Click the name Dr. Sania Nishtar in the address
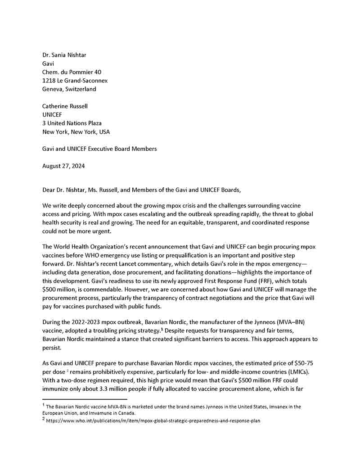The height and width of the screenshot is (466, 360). tap(64, 55)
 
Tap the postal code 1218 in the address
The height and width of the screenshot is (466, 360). tap(49, 81)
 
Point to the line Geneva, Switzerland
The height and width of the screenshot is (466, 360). tap(69, 89)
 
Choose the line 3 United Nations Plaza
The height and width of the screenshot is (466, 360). tap(72, 123)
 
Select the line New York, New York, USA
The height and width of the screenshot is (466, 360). tap(76, 132)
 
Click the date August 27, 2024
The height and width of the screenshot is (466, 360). tap(63, 166)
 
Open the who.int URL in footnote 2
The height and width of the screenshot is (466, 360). tap(153, 421)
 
